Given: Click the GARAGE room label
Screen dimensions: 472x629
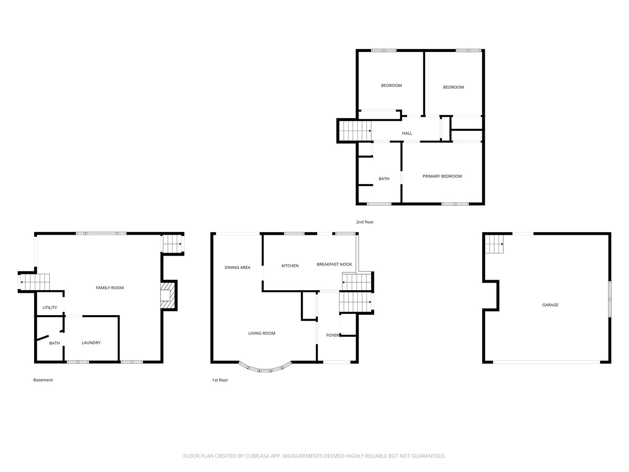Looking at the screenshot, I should tap(550, 305).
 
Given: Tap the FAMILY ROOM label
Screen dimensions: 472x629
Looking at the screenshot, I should tap(110, 288).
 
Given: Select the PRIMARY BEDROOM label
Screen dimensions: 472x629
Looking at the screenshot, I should tap(442, 176).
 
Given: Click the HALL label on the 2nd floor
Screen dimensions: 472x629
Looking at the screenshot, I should tap(407, 133).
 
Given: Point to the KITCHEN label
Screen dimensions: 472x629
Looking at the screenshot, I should tap(290, 266).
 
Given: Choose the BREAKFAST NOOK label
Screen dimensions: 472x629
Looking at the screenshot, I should tap(334, 264).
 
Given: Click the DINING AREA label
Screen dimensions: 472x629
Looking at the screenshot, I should tap(237, 267).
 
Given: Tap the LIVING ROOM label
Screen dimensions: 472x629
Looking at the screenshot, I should tap(262, 333).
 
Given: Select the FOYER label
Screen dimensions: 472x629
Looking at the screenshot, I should tap(332, 335).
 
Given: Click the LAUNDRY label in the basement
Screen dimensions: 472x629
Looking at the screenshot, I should tap(91, 343).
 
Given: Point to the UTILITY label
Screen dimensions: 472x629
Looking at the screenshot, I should tap(50, 308).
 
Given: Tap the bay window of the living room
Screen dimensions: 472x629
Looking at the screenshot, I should tap(265, 369).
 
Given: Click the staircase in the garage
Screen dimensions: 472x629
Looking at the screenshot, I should tap(494, 244).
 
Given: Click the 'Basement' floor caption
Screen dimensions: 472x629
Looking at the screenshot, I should tap(43, 380).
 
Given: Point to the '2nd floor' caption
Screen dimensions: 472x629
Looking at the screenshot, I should tap(365, 222).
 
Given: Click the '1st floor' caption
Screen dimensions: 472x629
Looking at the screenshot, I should tap(220, 380).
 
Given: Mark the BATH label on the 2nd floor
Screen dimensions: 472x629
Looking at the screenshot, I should tap(384, 179).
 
